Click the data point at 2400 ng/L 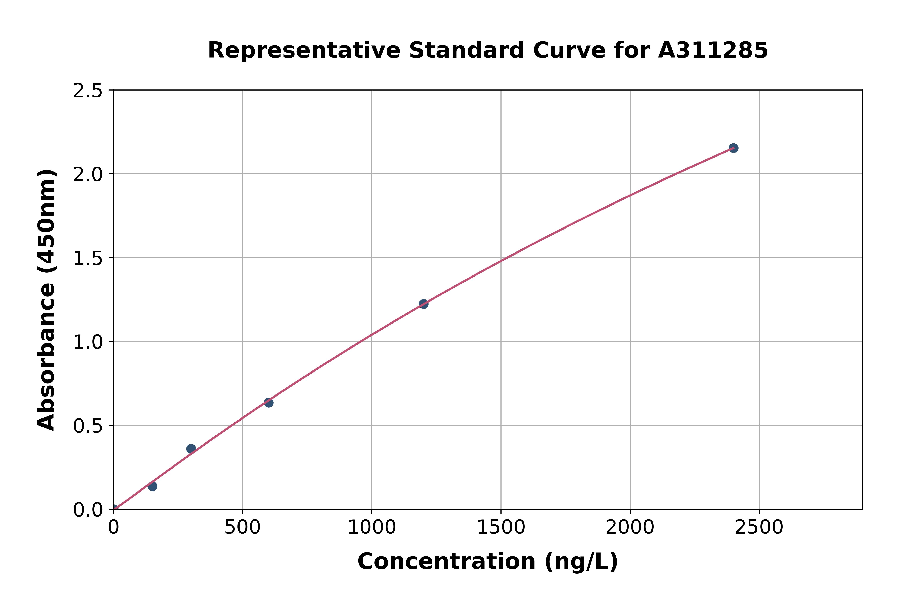pyautogui.click(x=733, y=148)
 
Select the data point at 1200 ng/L pyautogui.click(x=423, y=304)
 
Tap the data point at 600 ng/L pyautogui.click(x=269, y=403)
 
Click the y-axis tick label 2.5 pyautogui.click(x=88, y=91)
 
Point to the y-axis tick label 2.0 pyautogui.click(x=88, y=175)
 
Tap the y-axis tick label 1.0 pyautogui.click(x=88, y=342)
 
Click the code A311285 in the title pyautogui.click(x=713, y=50)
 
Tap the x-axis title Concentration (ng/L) pyautogui.click(x=488, y=561)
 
